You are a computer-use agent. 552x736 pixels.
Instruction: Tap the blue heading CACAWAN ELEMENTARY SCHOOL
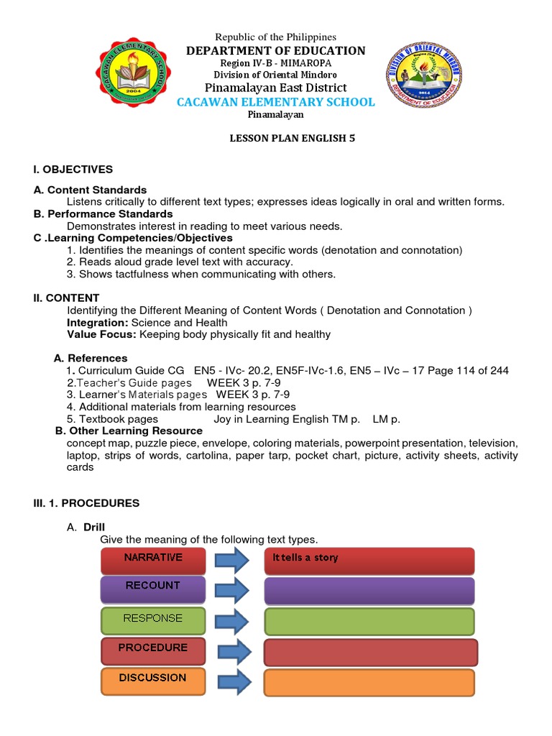tap(276, 102)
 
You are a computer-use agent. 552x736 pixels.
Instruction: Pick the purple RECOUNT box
tap(154, 586)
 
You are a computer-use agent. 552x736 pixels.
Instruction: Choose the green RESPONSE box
tap(154, 619)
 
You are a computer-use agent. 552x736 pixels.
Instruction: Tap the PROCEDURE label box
tap(154, 648)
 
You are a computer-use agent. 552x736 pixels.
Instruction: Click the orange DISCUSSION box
tap(154, 679)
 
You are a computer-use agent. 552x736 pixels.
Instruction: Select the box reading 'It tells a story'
tap(369, 559)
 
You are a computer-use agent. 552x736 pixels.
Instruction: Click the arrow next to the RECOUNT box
tap(231, 589)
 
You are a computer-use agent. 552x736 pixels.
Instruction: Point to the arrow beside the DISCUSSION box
tap(233, 682)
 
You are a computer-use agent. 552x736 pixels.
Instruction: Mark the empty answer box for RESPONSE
tap(369, 622)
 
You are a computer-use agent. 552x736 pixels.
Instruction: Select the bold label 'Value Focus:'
tap(101, 334)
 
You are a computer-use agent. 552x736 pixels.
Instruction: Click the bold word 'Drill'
tap(94, 527)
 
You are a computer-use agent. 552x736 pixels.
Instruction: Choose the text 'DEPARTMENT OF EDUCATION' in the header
tap(276, 50)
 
